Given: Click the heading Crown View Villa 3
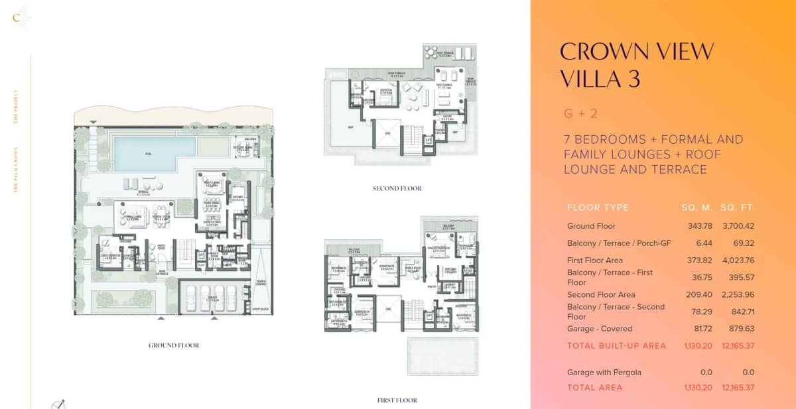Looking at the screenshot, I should (637, 64).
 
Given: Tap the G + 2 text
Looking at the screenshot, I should (580, 113).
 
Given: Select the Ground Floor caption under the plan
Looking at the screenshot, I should (174, 345).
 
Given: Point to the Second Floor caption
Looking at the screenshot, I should (397, 189).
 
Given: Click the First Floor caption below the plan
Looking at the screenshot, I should (397, 400).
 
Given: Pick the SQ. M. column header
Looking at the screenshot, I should (696, 207).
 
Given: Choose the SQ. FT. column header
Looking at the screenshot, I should (738, 207).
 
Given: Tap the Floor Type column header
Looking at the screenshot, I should (598, 207).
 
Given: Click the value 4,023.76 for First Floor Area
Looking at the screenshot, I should (737, 261).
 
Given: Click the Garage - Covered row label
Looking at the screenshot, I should (600, 329).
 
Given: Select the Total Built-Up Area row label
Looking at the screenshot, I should (616, 345).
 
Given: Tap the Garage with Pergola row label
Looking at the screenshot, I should (604, 373).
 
